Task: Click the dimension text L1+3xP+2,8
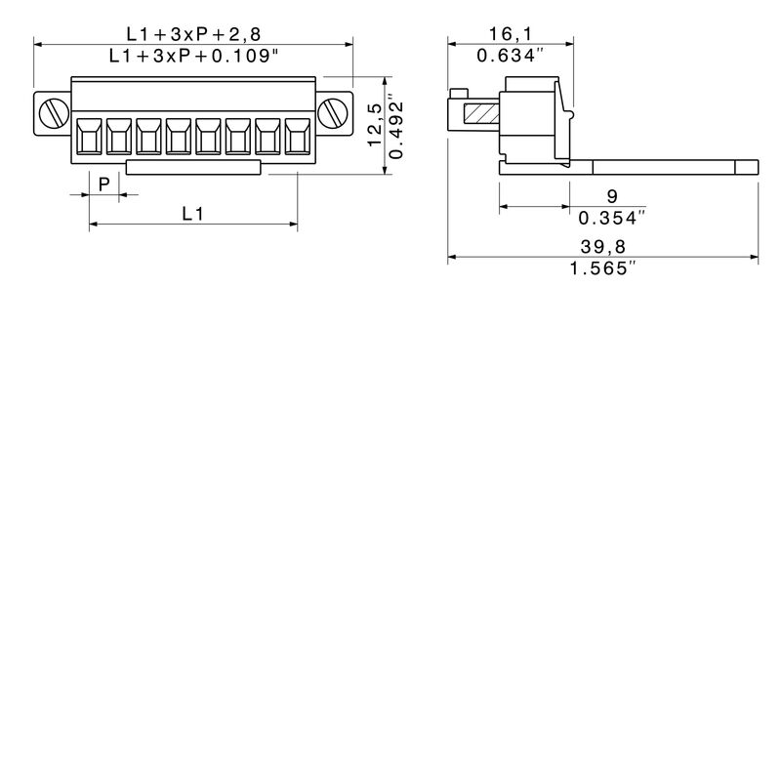click(192, 34)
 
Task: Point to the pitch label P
click(103, 183)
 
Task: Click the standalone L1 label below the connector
click(192, 213)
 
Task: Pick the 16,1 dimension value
click(509, 34)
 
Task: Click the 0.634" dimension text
click(510, 56)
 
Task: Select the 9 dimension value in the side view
click(611, 195)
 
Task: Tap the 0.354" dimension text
click(612, 217)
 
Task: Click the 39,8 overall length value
click(602, 247)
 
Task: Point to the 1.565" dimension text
click(602, 268)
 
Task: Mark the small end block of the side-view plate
click(746, 168)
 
